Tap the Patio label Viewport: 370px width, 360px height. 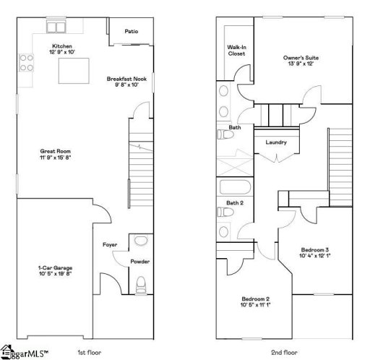131,32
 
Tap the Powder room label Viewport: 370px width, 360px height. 139,261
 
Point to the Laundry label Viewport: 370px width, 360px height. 276,142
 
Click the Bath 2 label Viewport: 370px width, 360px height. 234,203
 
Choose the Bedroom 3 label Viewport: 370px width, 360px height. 316,252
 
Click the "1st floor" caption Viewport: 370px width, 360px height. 90,353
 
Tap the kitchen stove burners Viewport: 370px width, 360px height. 27,62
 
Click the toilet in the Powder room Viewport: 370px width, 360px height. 141,282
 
